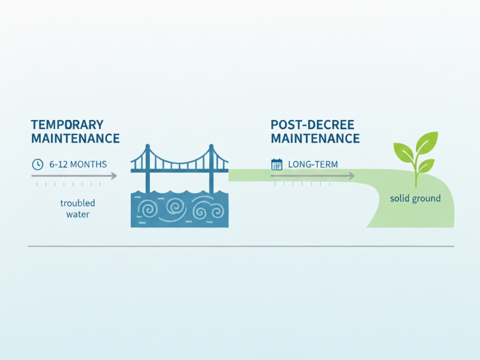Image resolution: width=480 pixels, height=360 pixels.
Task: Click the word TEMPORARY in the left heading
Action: [x=67, y=125]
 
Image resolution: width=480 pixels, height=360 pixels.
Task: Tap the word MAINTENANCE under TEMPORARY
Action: [x=75, y=139]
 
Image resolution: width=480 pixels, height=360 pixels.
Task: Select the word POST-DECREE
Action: [x=312, y=125]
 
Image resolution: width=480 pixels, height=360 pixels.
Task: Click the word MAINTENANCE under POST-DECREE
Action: [x=315, y=139]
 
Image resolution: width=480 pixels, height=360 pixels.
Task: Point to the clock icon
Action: [x=37, y=164]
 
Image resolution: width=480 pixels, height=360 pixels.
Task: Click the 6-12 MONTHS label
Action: [x=79, y=164]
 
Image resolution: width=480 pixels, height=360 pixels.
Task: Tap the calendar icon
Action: [x=277, y=164]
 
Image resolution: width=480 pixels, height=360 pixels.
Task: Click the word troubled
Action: [x=78, y=203]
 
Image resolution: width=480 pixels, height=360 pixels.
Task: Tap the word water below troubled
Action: [x=78, y=214]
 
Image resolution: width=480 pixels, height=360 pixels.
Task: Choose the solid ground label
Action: [x=415, y=198]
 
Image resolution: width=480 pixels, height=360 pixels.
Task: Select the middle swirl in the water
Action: [x=176, y=208]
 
